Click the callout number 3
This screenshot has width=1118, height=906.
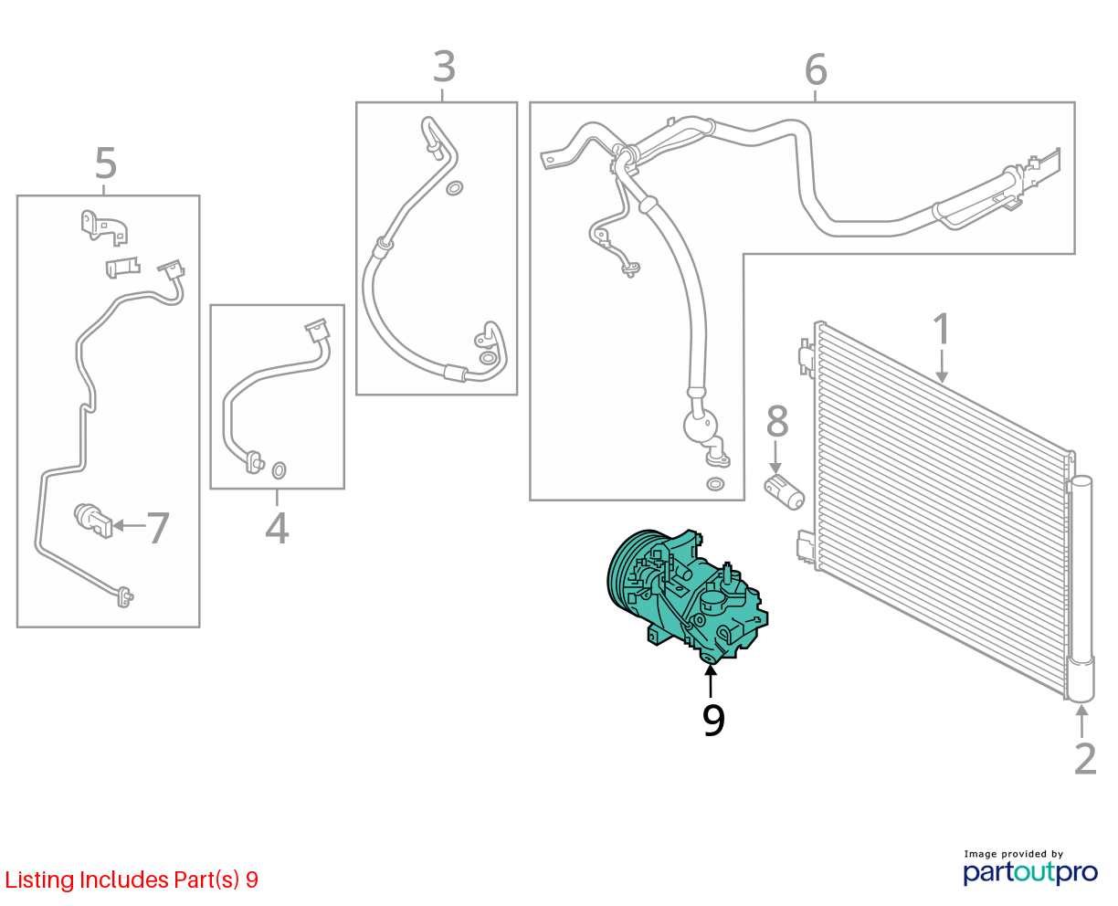pos(444,67)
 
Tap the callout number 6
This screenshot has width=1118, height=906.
pos(816,69)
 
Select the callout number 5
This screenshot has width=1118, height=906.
pos(106,163)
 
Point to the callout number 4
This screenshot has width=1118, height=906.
pos(277,528)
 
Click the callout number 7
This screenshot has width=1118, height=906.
pos(157,528)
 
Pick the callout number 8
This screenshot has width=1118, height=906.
pos(777,421)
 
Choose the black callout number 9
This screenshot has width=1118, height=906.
pos(713,721)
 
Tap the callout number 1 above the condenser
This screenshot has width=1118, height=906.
pos(942,329)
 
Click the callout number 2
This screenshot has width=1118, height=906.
pos(1085,759)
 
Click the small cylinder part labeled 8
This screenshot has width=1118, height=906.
pos(785,492)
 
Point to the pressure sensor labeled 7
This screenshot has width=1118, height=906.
pos(93,521)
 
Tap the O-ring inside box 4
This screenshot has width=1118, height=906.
pos(279,469)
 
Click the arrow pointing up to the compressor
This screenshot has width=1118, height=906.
pos(711,680)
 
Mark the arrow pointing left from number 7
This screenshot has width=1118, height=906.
pos(129,525)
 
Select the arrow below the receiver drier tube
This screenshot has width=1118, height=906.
pos(1081,722)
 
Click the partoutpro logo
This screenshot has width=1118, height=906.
pos(1030,872)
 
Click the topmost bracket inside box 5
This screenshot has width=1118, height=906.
pos(104,227)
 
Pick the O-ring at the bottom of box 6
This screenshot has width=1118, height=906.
pos(715,483)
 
